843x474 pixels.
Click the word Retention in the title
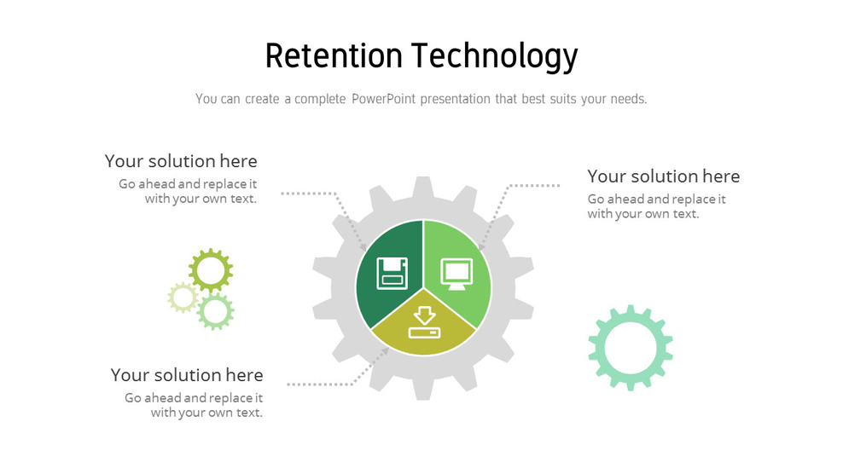pyautogui.click(x=334, y=56)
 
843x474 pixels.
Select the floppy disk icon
pyautogui.click(x=392, y=271)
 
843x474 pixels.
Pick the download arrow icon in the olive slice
pyautogui.click(x=424, y=322)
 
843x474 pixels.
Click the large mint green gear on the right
pyautogui.click(x=630, y=347)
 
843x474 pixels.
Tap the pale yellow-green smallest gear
pyautogui.click(x=183, y=297)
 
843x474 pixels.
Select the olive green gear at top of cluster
pyautogui.click(x=210, y=270)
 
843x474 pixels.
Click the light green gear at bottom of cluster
pyautogui.click(x=215, y=312)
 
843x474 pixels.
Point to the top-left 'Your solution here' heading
pyautogui.click(x=181, y=161)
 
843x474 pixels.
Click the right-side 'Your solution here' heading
pyautogui.click(x=663, y=176)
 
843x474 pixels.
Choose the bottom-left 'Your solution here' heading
pyautogui.click(x=187, y=375)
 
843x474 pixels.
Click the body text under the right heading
pyautogui.click(x=655, y=206)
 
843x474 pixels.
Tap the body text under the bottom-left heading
pyautogui.click(x=195, y=405)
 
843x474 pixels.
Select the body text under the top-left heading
pyautogui.click(x=189, y=191)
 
